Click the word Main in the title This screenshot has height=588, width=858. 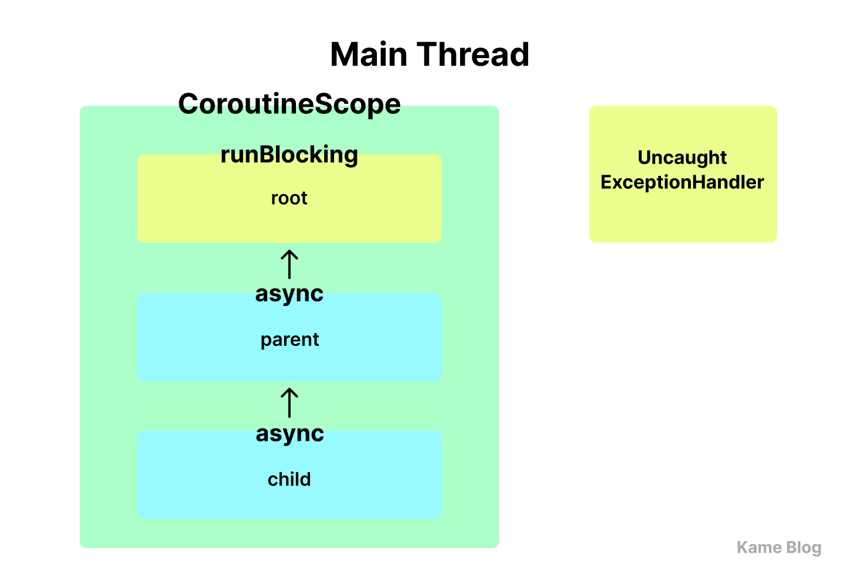click(x=369, y=55)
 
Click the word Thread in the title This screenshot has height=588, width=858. click(x=473, y=55)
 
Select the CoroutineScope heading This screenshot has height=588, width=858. click(x=290, y=104)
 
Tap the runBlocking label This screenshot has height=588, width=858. click(x=289, y=155)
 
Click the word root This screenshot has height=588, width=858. click(x=289, y=198)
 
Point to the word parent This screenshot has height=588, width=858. click(x=290, y=340)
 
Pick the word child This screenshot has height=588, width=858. click(x=289, y=479)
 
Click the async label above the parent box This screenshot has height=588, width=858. click(x=289, y=294)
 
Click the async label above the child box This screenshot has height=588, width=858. click(x=290, y=434)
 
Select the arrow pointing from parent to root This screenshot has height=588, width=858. click(x=289, y=264)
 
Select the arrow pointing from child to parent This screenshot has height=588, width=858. click(x=289, y=403)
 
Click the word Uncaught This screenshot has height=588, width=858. click(x=682, y=158)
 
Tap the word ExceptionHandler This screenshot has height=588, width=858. click(x=682, y=182)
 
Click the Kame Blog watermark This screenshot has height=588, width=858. click(x=779, y=548)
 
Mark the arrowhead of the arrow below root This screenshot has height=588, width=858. click(x=289, y=251)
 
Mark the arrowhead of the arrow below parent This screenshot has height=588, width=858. click(x=289, y=390)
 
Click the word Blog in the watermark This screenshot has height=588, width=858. click(x=803, y=548)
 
